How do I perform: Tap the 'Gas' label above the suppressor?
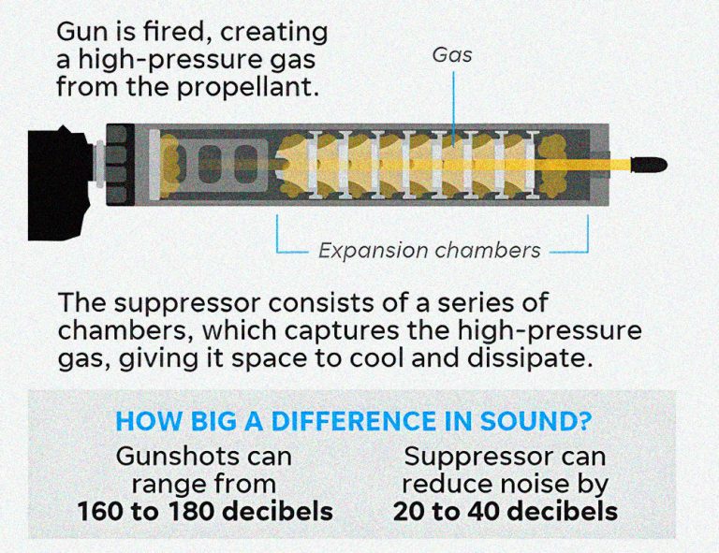coord(452,55)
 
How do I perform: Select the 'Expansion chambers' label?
coord(430,250)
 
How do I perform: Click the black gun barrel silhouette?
coord(60,182)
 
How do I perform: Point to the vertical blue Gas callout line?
coord(453,103)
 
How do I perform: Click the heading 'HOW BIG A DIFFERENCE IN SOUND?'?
coord(353,420)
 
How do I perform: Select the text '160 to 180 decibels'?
coord(204,512)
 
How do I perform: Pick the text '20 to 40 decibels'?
coord(506,512)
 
